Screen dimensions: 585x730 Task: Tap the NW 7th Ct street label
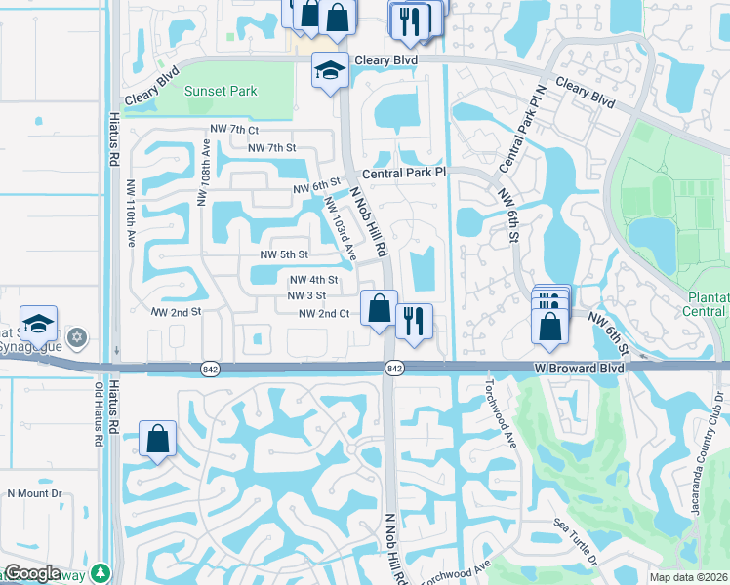coord(233,129)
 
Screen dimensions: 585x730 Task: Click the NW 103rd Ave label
coord(340,229)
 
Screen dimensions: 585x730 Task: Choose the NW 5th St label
coord(284,254)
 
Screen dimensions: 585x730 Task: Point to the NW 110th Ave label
coord(131,214)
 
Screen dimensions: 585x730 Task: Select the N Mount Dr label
coord(34,493)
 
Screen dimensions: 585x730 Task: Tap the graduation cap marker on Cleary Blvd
coord(330,70)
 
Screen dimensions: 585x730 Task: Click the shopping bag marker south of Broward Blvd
coord(157,440)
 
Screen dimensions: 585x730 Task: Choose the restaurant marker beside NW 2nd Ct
coord(413,321)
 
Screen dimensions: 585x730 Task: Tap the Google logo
coord(32,573)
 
